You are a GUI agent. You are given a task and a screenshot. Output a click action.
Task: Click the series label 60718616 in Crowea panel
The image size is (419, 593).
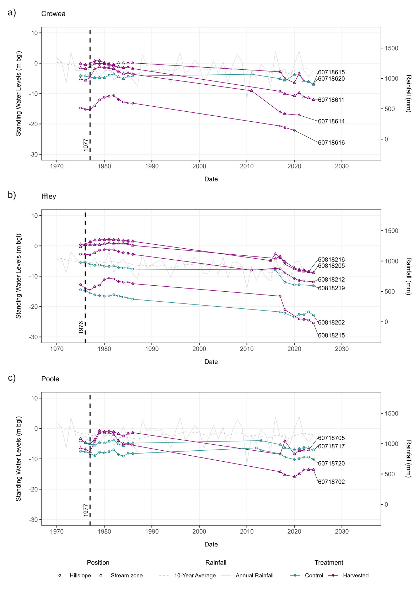pos(331,143)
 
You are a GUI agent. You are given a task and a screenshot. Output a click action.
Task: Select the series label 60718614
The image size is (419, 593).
pos(331,121)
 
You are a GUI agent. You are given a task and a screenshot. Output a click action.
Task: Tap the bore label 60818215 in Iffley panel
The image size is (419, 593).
pos(331,335)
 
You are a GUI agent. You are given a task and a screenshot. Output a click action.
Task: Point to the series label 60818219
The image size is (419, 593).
pos(331,288)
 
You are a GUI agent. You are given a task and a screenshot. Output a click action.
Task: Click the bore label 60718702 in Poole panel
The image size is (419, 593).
pos(331,482)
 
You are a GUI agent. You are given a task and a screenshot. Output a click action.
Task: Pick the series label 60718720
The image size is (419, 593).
pos(331,464)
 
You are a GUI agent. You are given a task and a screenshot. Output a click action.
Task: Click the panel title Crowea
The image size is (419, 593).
pos(53,14)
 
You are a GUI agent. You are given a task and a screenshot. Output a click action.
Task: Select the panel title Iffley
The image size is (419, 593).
pos(49,196)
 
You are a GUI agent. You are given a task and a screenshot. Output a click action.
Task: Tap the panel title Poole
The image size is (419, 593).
pos(50,379)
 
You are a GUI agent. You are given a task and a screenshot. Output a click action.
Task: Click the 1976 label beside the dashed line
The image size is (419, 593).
pos(81,327)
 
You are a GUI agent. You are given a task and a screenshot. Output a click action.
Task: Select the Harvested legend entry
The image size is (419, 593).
pos(355,576)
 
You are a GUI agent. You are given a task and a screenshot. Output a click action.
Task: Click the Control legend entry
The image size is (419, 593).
pos(314,576)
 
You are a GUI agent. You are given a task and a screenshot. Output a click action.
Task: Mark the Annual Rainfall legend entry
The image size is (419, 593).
pos(254,576)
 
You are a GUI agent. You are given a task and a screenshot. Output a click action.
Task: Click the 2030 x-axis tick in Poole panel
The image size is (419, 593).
pos(342,531)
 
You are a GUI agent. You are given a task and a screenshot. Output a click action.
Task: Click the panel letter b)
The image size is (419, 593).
pos(12,195)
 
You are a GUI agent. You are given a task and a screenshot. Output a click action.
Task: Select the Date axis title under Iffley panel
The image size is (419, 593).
pos(211,362)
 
